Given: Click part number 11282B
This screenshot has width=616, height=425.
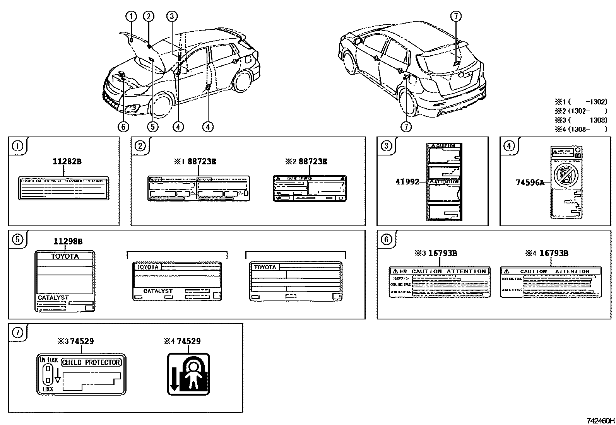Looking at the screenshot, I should (67, 162).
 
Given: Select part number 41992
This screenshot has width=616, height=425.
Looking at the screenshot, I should (407, 181).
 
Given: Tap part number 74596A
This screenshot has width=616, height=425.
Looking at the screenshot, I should (530, 183).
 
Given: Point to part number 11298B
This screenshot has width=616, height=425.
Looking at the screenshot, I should (68, 242).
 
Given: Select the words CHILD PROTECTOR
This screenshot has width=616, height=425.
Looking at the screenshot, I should (91, 362).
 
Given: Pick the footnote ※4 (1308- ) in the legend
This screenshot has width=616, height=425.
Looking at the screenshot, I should (581, 129).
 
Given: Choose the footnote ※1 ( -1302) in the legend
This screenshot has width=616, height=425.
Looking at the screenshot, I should (581, 102).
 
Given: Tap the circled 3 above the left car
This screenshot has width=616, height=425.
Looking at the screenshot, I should (172, 16).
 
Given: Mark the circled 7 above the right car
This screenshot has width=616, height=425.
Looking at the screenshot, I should (456, 16).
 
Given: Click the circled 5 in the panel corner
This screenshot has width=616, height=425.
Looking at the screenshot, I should (17, 239).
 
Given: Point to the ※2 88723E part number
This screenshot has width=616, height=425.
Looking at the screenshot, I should (306, 162).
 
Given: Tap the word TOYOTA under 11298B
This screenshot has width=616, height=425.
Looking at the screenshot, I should (65, 256).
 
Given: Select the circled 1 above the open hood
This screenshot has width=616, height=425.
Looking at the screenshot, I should (131, 16).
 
